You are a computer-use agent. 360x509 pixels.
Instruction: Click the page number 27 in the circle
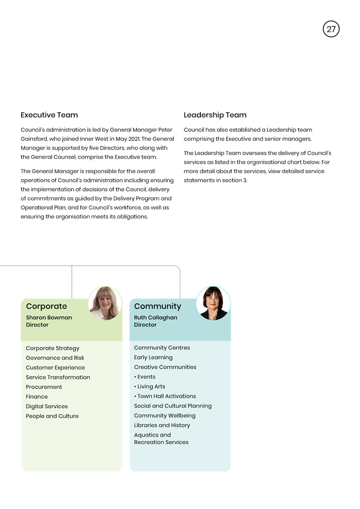[x=331, y=29]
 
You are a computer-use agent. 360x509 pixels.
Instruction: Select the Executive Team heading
[x=49, y=115]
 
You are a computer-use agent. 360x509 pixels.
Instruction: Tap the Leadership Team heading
[x=215, y=115]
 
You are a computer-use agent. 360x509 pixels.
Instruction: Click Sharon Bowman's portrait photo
[x=105, y=303]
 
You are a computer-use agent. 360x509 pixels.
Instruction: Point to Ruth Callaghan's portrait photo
[x=213, y=303]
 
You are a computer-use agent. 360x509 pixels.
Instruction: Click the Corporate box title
[x=46, y=306]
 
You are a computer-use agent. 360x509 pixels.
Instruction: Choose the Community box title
[x=158, y=306]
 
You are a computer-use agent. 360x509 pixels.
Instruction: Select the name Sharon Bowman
[x=49, y=318]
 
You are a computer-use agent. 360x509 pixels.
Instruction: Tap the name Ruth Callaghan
[x=155, y=318]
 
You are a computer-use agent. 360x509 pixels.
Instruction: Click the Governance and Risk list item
[x=55, y=358]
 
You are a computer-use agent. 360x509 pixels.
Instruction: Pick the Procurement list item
[x=44, y=387]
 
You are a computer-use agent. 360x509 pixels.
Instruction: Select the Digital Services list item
[x=47, y=407]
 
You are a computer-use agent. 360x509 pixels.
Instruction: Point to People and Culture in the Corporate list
[x=52, y=416]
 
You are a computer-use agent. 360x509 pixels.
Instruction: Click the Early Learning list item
[x=154, y=358]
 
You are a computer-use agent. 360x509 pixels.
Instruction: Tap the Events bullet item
[x=145, y=377]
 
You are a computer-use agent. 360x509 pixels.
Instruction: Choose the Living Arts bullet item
[x=150, y=386]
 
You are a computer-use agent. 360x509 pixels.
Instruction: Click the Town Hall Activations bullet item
[x=165, y=396]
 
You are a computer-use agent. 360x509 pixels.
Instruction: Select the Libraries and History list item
[x=162, y=425]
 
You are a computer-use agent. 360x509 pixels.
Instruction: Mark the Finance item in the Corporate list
[x=37, y=397]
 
